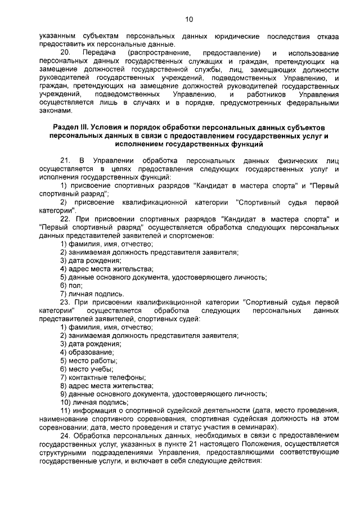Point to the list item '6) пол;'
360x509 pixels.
(71, 285)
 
